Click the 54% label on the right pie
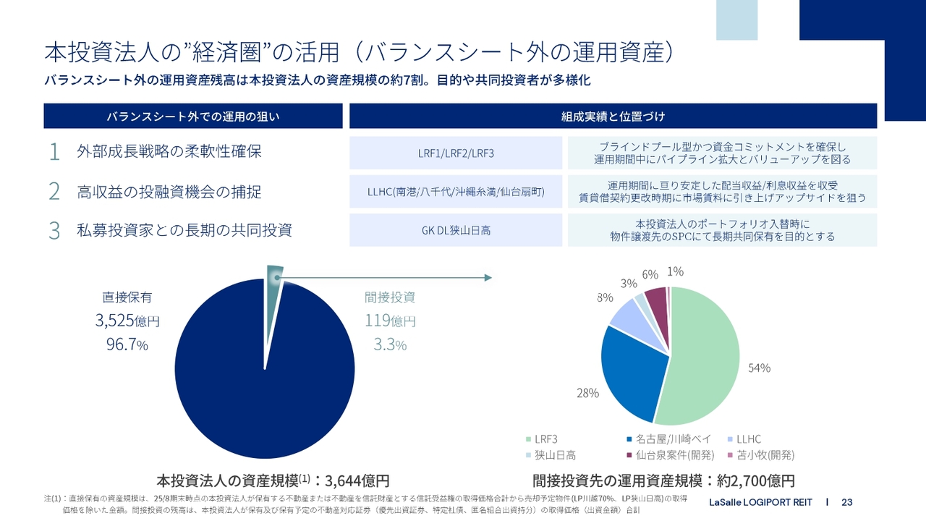pos(759,368)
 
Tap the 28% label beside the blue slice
pos(587,393)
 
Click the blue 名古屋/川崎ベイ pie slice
pos(633,373)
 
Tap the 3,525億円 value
pos(127,321)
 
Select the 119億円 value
pos(390,321)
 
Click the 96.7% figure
pos(127,345)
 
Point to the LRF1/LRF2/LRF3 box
pos(456,153)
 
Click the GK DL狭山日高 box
pos(456,230)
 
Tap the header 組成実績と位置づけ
pos(613,116)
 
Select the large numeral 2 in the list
pos(54,192)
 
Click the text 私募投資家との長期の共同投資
pos(184,231)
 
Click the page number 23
pos(847,502)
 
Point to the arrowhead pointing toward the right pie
pos(488,278)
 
